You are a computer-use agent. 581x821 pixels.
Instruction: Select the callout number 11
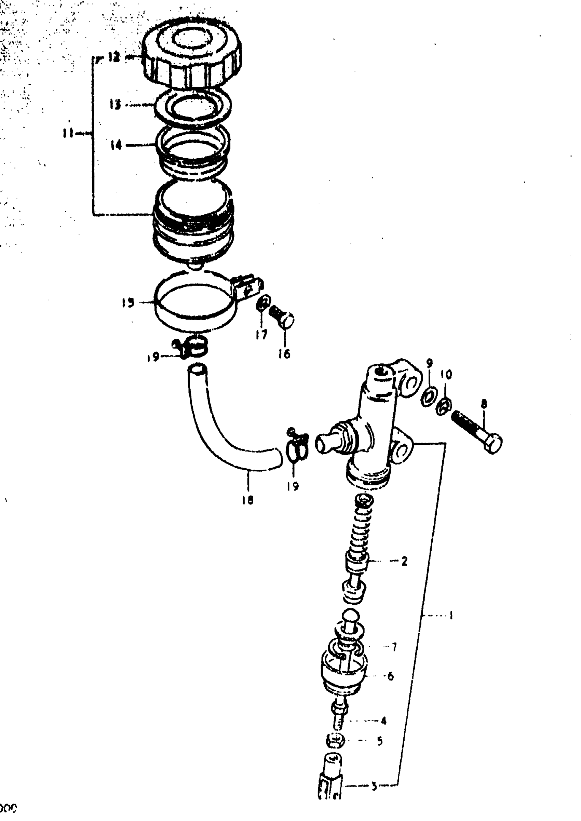pyautogui.click(x=67, y=134)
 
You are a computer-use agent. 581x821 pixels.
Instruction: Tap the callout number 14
pyautogui.click(x=116, y=145)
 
